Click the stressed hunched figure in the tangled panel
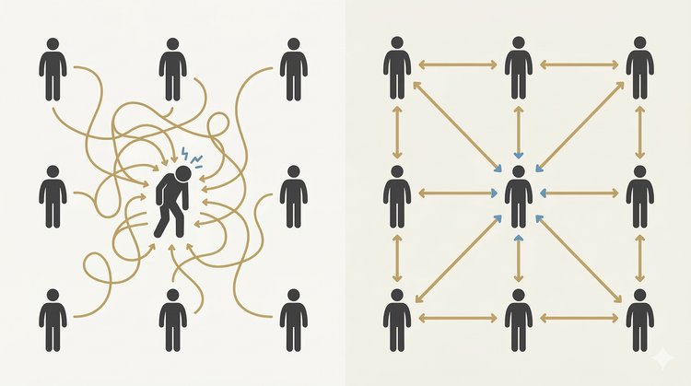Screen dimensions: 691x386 (172, 198)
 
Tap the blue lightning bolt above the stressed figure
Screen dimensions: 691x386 (184, 154)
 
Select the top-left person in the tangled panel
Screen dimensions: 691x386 (53, 69)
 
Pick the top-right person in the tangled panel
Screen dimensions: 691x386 (293, 69)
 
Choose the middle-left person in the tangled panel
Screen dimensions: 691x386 (53, 196)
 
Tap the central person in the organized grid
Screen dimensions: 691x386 (519, 196)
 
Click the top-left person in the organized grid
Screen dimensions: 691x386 (397, 69)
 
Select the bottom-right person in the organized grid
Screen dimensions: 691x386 (640, 320)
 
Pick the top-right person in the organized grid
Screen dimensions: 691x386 (640, 69)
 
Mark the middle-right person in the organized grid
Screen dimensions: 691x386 (640, 196)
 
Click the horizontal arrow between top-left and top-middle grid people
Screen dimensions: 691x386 (458, 64)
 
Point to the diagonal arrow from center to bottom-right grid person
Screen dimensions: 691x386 (580, 259)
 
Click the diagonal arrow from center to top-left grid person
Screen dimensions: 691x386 (456, 126)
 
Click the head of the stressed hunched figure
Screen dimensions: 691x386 (182, 172)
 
